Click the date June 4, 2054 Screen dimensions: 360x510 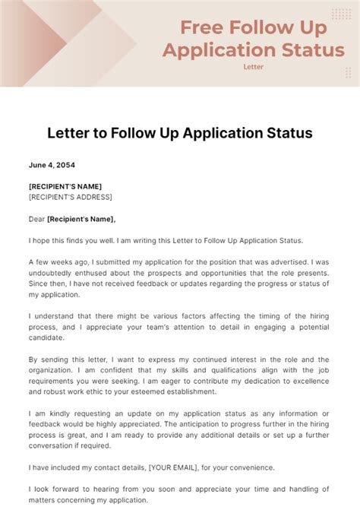tap(52, 165)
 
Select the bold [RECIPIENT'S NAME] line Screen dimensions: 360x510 tap(65, 186)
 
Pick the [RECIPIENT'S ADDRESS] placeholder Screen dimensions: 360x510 tap(70, 197)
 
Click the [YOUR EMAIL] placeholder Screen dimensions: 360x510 tap(172, 469)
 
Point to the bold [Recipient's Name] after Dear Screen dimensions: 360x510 tap(81, 219)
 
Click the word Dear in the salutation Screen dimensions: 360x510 tap(36, 219)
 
